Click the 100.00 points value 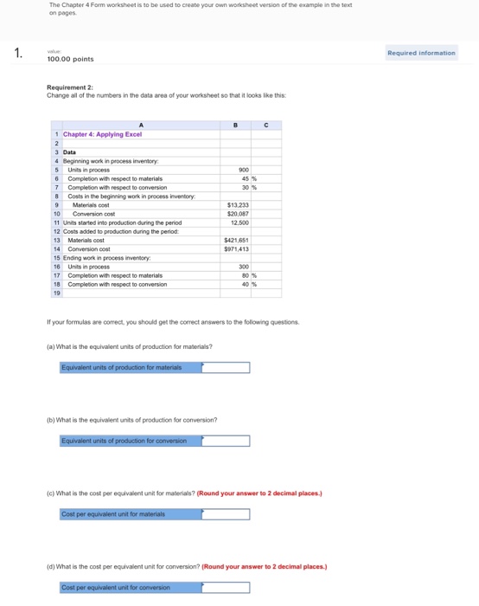(x=70, y=59)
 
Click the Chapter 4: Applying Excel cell (x=103, y=134)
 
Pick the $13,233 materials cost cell (x=237, y=204)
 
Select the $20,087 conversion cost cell (x=237, y=212)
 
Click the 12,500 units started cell (x=239, y=222)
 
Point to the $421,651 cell (x=236, y=239)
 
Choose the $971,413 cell (x=236, y=248)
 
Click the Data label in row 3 (x=69, y=152)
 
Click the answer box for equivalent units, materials (x=226, y=367)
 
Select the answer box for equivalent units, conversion (x=226, y=441)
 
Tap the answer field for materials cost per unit (x=226, y=514)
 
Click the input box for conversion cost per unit (x=226, y=588)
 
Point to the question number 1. (x=18, y=54)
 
